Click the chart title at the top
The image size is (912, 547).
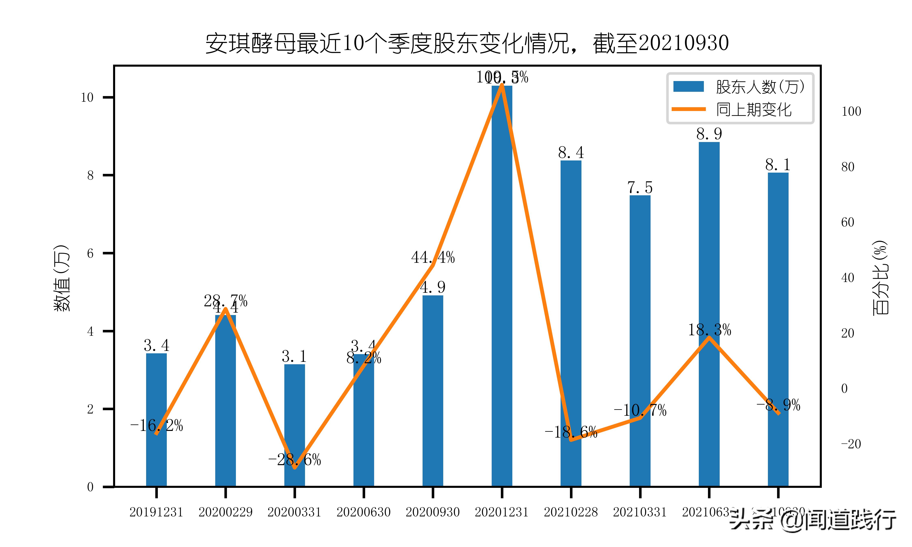pyautogui.click(x=467, y=44)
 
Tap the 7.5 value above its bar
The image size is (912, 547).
pyautogui.click(x=640, y=188)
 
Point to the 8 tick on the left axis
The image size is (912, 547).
pyautogui.click(x=90, y=175)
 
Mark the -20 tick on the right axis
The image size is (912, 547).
pyautogui.click(x=851, y=444)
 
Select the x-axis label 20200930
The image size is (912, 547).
pyautogui.click(x=433, y=512)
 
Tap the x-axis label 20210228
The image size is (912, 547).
pyautogui.click(x=571, y=512)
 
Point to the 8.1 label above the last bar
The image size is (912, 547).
pyautogui.click(x=778, y=165)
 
